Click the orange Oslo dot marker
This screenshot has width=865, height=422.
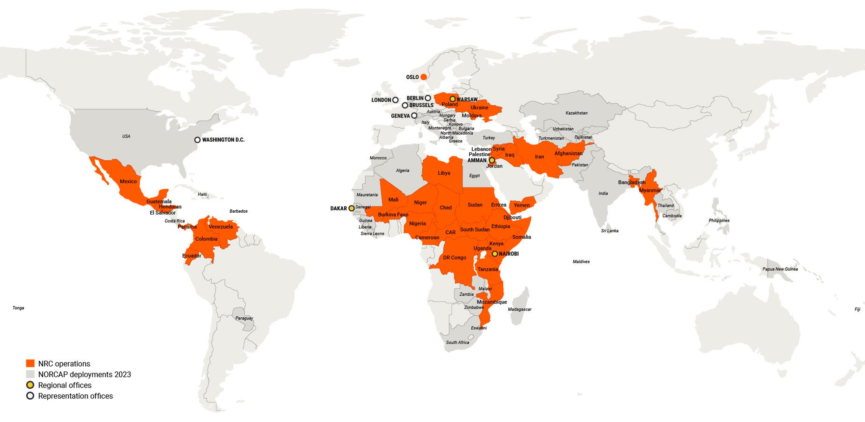click(x=423, y=77)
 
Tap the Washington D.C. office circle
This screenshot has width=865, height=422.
click(x=197, y=140)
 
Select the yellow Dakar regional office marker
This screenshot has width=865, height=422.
click(x=351, y=208)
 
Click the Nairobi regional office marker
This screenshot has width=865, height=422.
click(x=495, y=254)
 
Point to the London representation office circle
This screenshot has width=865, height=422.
click(x=395, y=100)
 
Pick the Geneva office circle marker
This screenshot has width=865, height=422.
click(x=414, y=115)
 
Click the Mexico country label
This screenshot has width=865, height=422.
click(x=128, y=181)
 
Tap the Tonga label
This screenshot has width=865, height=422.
click(x=18, y=308)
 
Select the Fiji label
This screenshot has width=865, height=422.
click(x=857, y=309)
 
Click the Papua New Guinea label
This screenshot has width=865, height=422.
click(x=780, y=269)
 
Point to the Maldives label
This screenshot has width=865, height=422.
click(x=581, y=262)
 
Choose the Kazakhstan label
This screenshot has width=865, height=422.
click(x=576, y=113)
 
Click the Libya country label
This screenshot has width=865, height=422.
click(x=444, y=173)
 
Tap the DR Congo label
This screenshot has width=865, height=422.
click(x=454, y=258)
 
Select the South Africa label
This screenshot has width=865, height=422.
click(x=458, y=342)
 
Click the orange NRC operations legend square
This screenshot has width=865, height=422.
click(x=30, y=363)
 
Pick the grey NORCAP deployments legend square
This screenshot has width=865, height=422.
click(x=30, y=374)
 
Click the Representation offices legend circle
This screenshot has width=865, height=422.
click(x=30, y=396)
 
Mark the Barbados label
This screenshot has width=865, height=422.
click(x=238, y=211)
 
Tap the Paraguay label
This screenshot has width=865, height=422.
click(x=244, y=318)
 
